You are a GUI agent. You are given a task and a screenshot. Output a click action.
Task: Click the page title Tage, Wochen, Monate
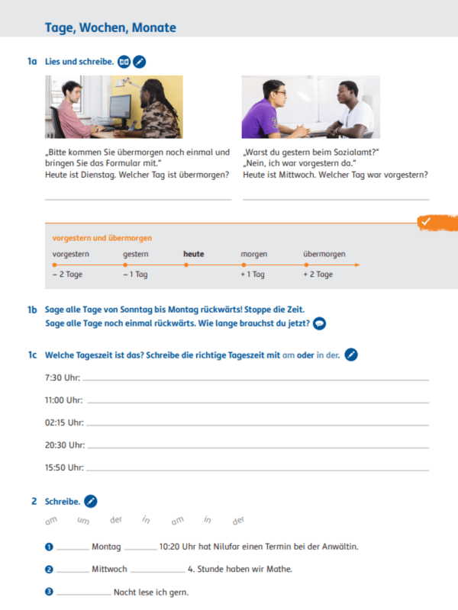pyautogui.click(x=110, y=27)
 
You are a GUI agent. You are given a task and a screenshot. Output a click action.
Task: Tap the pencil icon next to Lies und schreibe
pyautogui.click(x=140, y=62)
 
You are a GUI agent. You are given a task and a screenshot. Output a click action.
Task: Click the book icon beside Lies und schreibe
pyautogui.click(x=124, y=62)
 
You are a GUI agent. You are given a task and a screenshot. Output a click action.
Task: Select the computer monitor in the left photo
pyautogui.click(x=121, y=107)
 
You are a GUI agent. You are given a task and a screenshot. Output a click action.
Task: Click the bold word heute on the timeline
pyautogui.click(x=194, y=254)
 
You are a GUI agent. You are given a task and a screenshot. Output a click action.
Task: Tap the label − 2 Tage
pyautogui.click(x=67, y=274)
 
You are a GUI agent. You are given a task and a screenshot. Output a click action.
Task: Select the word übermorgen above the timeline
pyautogui.click(x=324, y=254)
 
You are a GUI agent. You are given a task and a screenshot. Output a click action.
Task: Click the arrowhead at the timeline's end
pyautogui.click(x=357, y=265)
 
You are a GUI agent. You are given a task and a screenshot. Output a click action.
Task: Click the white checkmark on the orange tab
pyautogui.click(x=426, y=221)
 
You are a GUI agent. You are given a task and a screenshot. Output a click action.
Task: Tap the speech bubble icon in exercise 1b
pyautogui.click(x=319, y=323)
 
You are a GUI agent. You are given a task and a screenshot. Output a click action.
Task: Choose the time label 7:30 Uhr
pyautogui.click(x=63, y=377)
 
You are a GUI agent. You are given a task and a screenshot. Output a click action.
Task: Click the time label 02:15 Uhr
pyautogui.click(x=64, y=422)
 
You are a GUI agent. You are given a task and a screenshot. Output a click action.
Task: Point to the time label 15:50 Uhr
pyautogui.click(x=64, y=467)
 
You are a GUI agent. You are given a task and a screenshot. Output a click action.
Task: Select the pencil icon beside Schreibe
pyautogui.click(x=91, y=501)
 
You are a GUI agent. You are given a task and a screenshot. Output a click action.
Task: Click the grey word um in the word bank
pyautogui.click(x=83, y=520)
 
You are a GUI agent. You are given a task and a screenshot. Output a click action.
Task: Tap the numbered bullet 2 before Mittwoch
pyautogui.click(x=49, y=570)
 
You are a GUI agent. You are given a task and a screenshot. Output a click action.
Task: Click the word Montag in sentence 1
pyautogui.click(x=106, y=547)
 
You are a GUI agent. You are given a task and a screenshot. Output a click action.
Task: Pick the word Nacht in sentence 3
pyautogui.click(x=124, y=592)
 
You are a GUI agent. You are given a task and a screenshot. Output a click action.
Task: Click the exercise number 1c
pyautogui.click(x=32, y=355)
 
